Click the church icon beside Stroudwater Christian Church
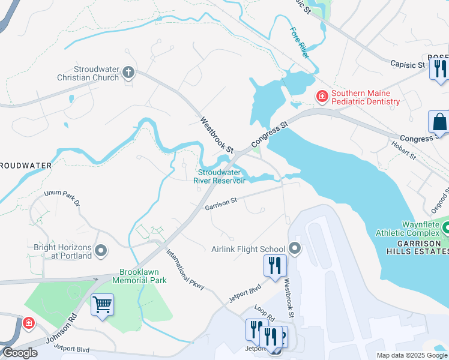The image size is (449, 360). pos(127,73)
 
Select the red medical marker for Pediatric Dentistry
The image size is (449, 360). pos(322,96)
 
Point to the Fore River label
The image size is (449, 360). pos(299,43)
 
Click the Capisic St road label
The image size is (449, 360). pos(407,64)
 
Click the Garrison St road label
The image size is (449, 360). pos(221,205)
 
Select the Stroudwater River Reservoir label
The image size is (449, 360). pos(220,176)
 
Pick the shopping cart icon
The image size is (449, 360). pos(102,305)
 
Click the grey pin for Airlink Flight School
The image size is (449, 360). pos(294,248)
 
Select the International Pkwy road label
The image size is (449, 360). pos(185,270)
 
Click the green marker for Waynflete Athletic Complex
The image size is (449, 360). pos(445,228)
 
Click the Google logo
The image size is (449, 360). pos(19,353)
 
